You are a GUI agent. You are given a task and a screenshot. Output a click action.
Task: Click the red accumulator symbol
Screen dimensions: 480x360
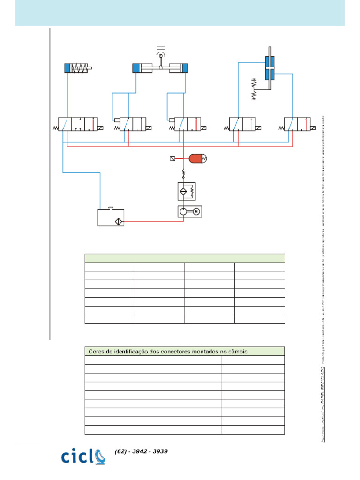click(x=197, y=159)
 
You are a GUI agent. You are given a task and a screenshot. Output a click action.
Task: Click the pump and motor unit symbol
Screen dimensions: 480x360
click(x=189, y=212)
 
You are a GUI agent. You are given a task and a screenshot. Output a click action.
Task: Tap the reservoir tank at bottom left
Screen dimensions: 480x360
click(x=110, y=218)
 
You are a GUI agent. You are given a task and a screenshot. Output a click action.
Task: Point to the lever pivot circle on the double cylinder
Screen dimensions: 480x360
click(x=160, y=56)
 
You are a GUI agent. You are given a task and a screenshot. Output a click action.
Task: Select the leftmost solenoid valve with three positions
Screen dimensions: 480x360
click(x=78, y=124)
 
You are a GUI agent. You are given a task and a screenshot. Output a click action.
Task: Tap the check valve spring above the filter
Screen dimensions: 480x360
click(x=184, y=174)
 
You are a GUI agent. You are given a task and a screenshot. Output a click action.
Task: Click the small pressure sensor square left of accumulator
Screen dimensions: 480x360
click(x=173, y=159)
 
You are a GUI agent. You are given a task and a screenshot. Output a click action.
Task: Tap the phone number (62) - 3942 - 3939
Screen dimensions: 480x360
click(x=141, y=451)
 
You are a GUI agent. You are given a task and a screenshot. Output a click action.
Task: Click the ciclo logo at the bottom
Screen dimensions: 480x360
click(x=83, y=456)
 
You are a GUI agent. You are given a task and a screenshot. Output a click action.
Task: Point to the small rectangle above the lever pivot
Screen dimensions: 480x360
click(x=160, y=47)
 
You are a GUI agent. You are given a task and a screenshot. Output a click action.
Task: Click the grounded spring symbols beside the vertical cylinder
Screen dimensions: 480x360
click(x=255, y=88)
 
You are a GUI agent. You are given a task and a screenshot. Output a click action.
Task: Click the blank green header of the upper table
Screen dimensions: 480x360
click(x=185, y=258)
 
